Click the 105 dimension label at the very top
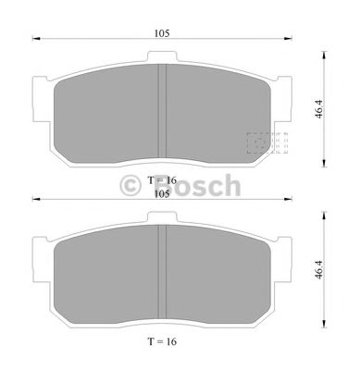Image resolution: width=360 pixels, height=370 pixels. point(161,32)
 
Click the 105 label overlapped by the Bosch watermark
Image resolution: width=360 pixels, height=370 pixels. point(161,192)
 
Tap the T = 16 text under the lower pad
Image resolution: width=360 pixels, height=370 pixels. point(161,341)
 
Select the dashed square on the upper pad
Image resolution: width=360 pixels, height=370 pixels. point(267,143)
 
